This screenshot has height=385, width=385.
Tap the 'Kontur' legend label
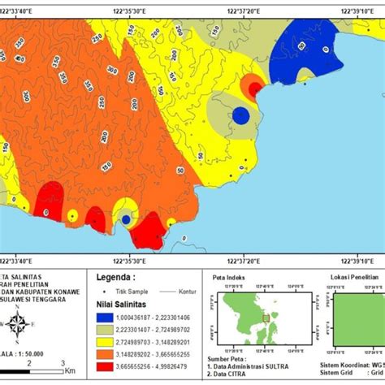point(182,290)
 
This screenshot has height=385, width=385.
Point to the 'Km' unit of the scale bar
point(71,369)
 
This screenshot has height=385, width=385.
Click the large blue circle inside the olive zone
point(240,115)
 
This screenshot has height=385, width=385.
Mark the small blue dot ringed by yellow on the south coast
point(126,219)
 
